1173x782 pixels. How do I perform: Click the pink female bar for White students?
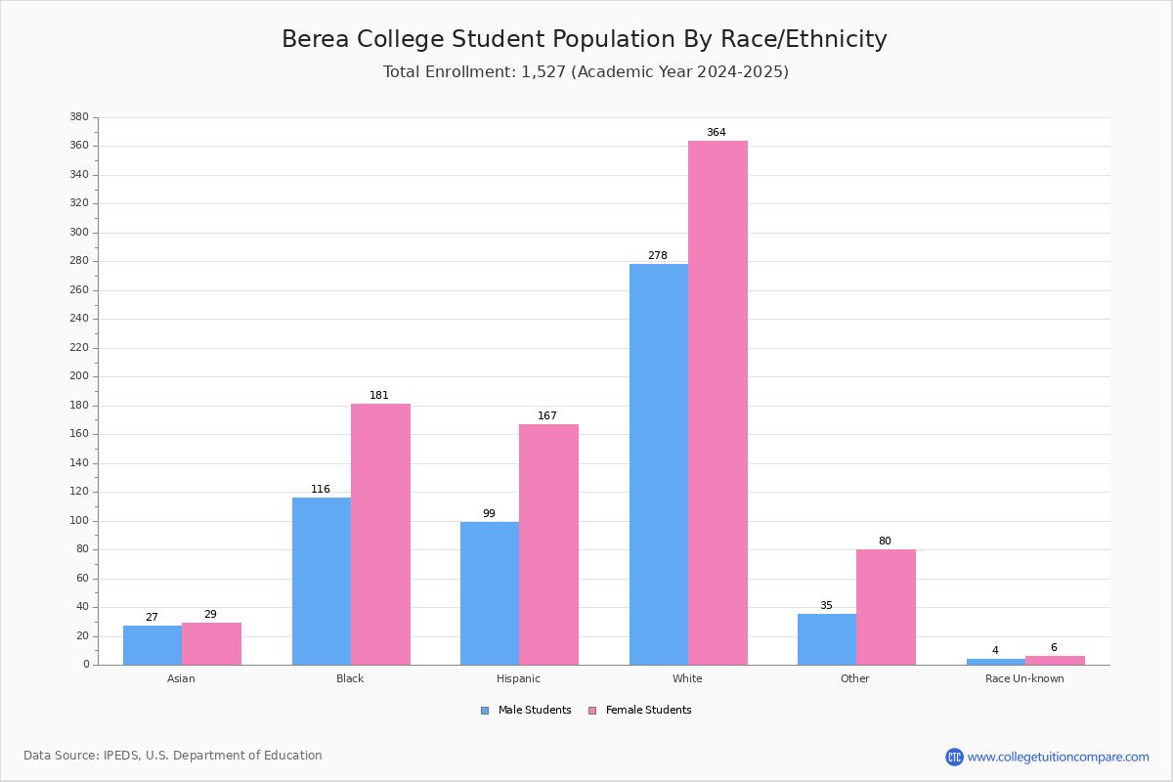(717, 403)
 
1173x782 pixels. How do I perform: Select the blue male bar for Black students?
(322, 581)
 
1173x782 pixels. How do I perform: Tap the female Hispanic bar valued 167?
(548, 544)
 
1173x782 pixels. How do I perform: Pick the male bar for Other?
(827, 639)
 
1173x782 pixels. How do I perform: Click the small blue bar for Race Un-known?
(996, 662)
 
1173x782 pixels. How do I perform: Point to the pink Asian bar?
(211, 644)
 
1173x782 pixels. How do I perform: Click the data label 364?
(717, 133)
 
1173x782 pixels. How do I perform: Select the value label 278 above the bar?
(658, 255)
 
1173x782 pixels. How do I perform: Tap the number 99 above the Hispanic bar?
(489, 513)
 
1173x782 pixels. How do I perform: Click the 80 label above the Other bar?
(885, 541)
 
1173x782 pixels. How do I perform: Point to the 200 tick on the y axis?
(79, 376)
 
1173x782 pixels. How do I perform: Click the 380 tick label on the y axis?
(79, 116)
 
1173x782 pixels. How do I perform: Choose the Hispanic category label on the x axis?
(518, 678)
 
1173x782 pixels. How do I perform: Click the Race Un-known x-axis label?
(1024, 678)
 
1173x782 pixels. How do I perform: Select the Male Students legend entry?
(526, 711)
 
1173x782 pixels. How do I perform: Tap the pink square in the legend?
(592, 711)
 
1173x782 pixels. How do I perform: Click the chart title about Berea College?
(585, 39)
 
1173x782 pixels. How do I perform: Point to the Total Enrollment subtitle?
(586, 71)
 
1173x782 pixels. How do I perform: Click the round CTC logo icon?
(955, 757)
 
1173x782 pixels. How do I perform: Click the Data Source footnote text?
(173, 756)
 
